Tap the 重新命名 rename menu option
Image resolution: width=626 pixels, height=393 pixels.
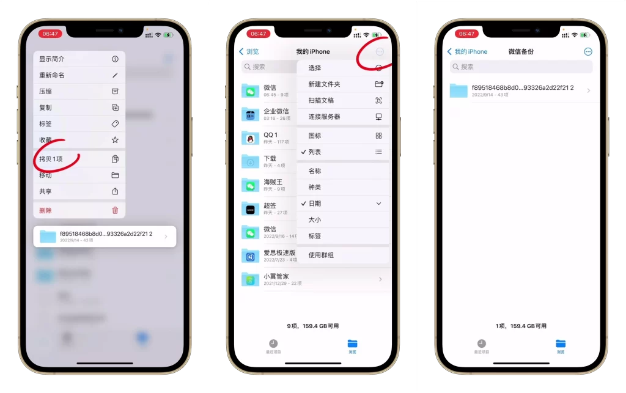tap(53, 75)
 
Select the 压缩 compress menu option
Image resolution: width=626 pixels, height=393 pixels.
tap(46, 91)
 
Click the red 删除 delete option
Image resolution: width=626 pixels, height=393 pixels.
tap(46, 210)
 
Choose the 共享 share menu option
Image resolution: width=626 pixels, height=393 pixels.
tap(46, 191)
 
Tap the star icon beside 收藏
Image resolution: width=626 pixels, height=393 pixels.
tap(115, 140)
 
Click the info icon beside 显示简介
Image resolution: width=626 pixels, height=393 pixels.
tap(115, 59)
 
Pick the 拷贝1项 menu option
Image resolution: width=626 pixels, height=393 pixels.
tap(51, 159)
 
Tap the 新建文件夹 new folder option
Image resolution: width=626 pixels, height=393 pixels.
tap(325, 84)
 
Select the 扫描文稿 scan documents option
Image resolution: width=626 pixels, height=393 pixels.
tap(322, 100)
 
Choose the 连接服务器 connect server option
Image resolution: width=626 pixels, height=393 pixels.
tap(325, 117)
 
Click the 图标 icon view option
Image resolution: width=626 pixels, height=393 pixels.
tap(315, 136)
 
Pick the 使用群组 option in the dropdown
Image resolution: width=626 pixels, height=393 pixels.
tap(322, 255)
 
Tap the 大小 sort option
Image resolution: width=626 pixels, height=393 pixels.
tap(315, 219)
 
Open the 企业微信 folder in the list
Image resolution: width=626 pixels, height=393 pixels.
tap(276, 114)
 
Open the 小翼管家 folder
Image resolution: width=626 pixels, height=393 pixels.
tap(276, 279)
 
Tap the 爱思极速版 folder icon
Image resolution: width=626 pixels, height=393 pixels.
tap(250, 255)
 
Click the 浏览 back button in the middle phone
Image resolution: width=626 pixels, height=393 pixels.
tap(249, 52)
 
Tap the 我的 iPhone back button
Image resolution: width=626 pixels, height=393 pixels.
tap(468, 52)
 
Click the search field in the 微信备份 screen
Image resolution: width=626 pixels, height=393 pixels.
tap(521, 67)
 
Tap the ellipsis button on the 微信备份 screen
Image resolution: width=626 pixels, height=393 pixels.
tap(588, 52)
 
